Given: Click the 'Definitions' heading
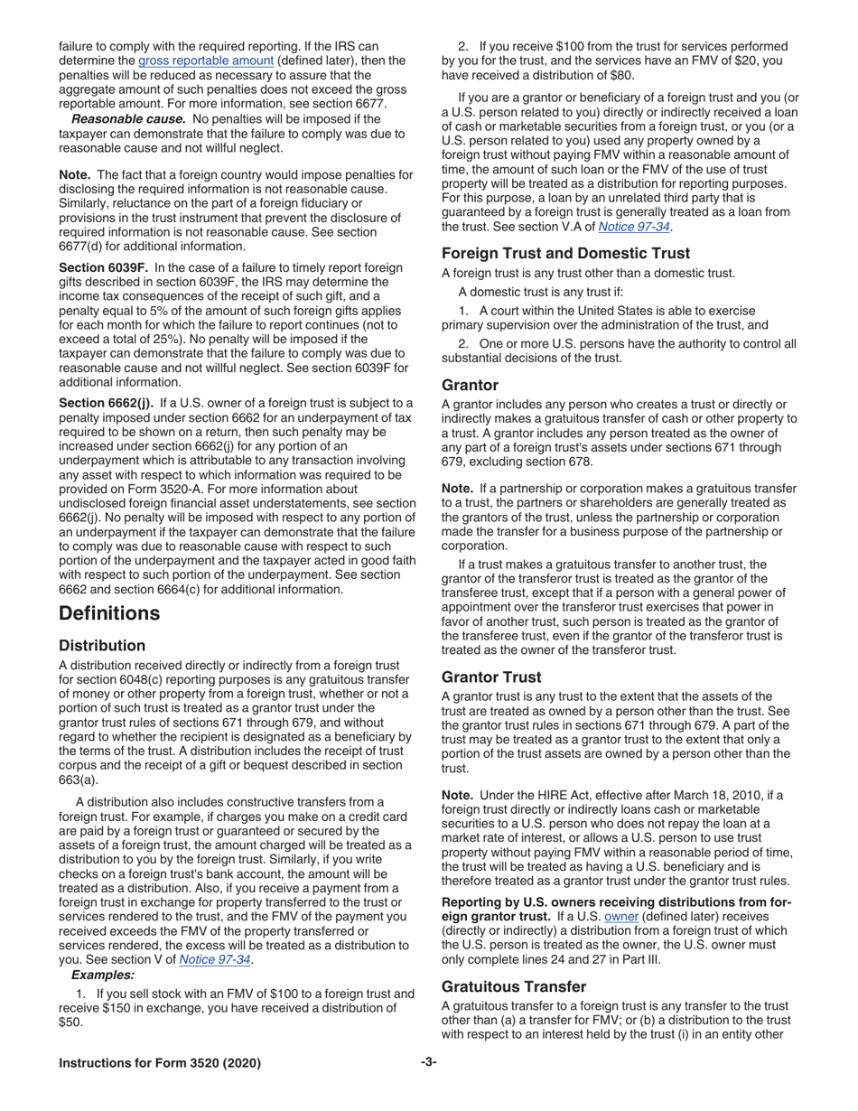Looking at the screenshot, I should click(109, 613).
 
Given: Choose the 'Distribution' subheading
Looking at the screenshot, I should click(102, 646).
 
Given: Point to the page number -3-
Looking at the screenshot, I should click(428, 1062).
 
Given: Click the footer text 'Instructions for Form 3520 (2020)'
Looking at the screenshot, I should click(159, 1063).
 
